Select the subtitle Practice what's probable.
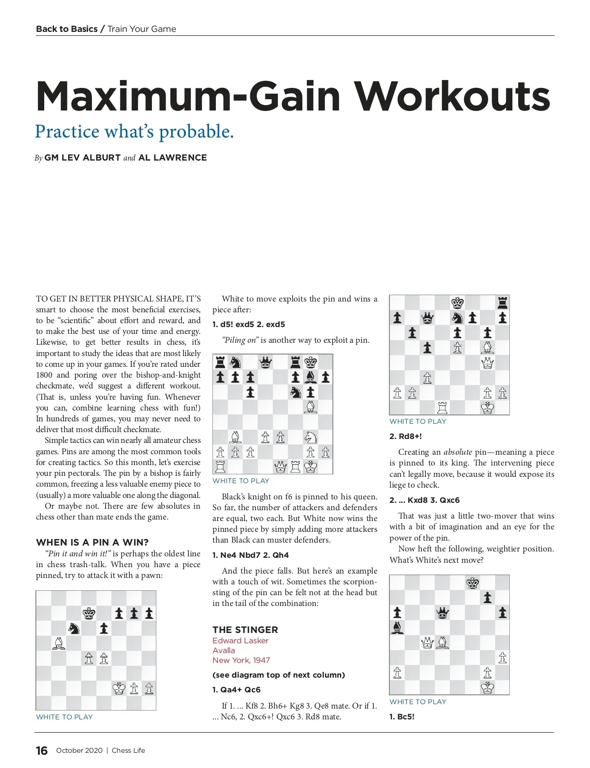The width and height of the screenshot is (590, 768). click(134, 132)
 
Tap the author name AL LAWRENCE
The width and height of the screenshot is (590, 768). click(173, 158)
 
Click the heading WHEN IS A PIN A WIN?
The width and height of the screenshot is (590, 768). click(92, 542)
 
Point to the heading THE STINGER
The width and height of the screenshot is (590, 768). click(245, 630)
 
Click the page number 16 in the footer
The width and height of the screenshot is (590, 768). click(42, 750)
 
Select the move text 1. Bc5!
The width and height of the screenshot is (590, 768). click(402, 716)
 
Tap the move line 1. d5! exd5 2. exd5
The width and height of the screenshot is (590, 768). click(248, 324)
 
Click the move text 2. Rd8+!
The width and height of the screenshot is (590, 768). click(406, 436)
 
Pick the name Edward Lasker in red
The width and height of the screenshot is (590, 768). click(240, 640)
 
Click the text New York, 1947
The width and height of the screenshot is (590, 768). click(241, 660)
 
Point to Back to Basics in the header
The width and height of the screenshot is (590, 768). click(67, 29)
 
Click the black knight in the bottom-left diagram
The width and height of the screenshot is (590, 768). click(74, 628)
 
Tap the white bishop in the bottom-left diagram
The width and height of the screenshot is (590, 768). click(59, 643)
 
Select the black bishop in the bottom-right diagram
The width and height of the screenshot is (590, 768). click(397, 628)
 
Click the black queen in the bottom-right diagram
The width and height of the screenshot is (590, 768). click(442, 612)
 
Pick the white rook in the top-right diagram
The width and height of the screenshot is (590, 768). click(442, 407)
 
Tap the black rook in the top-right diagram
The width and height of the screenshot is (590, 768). click(502, 302)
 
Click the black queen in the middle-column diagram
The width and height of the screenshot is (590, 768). click(265, 362)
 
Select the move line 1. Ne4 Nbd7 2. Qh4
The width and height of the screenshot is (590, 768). click(250, 555)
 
